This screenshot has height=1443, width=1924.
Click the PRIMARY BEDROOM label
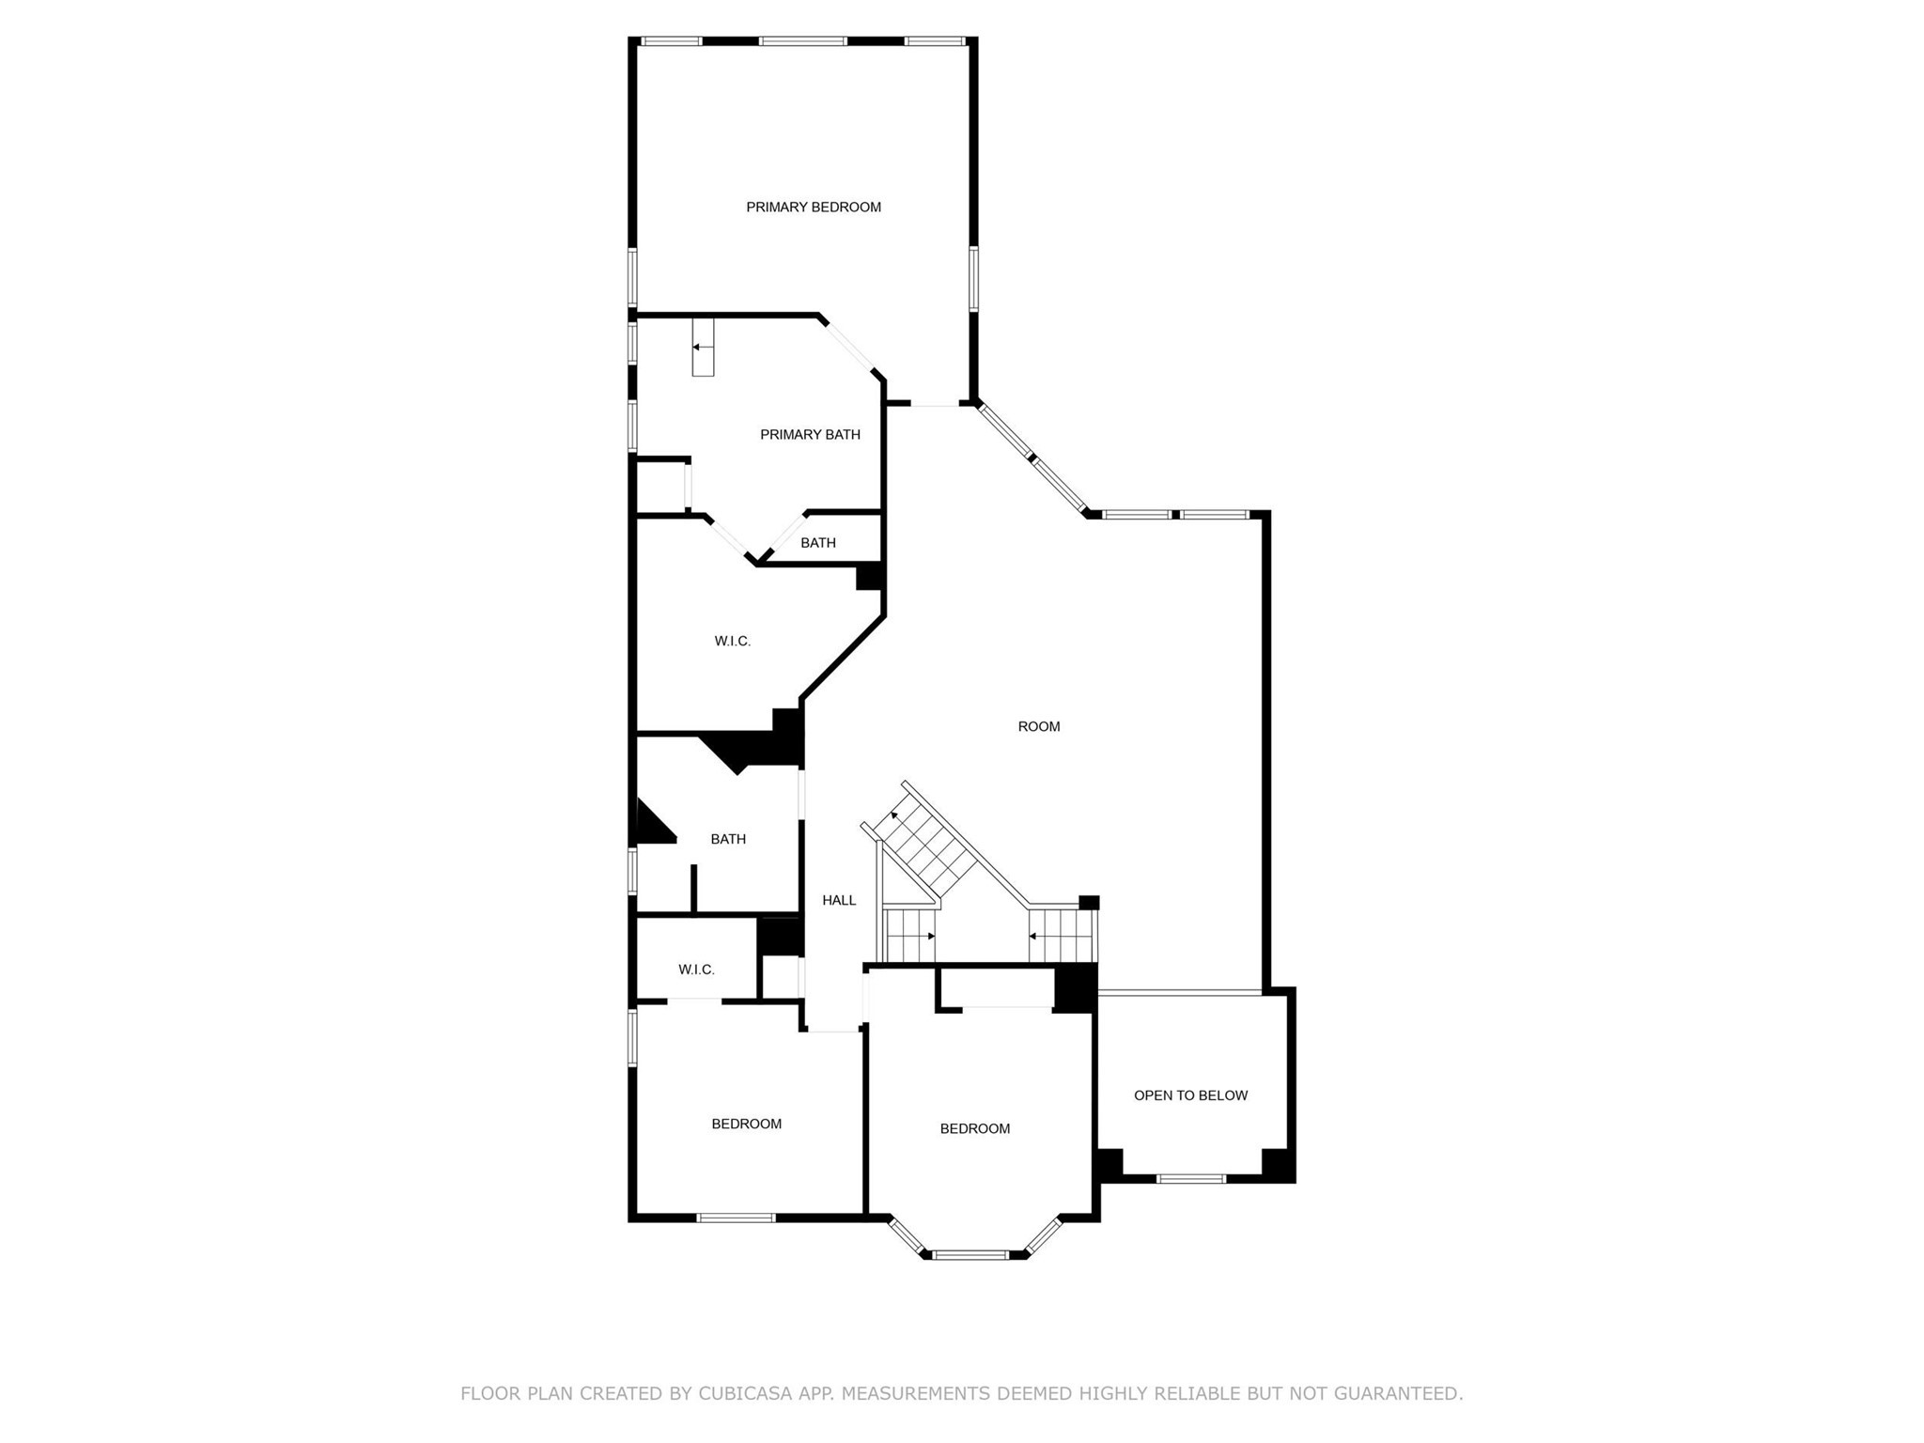point(814,207)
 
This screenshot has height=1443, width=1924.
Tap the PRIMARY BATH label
point(810,434)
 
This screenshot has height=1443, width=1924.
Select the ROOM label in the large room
point(1039,726)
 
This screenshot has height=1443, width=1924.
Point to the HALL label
point(839,900)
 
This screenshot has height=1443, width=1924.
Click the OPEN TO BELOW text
point(1190,1095)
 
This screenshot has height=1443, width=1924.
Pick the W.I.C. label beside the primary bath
point(733,641)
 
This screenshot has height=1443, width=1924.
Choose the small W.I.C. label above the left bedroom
point(696,970)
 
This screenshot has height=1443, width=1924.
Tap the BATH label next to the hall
point(728,839)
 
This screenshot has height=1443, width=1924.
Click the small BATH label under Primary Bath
point(818,543)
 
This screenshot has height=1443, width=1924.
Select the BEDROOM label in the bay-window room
point(975,1128)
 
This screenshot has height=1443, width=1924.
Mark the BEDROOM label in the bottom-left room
point(746,1124)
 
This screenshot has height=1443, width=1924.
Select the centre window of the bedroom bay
point(970,1254)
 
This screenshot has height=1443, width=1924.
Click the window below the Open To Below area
point(1191,1178)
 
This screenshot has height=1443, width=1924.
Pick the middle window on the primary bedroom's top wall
point(803,41)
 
